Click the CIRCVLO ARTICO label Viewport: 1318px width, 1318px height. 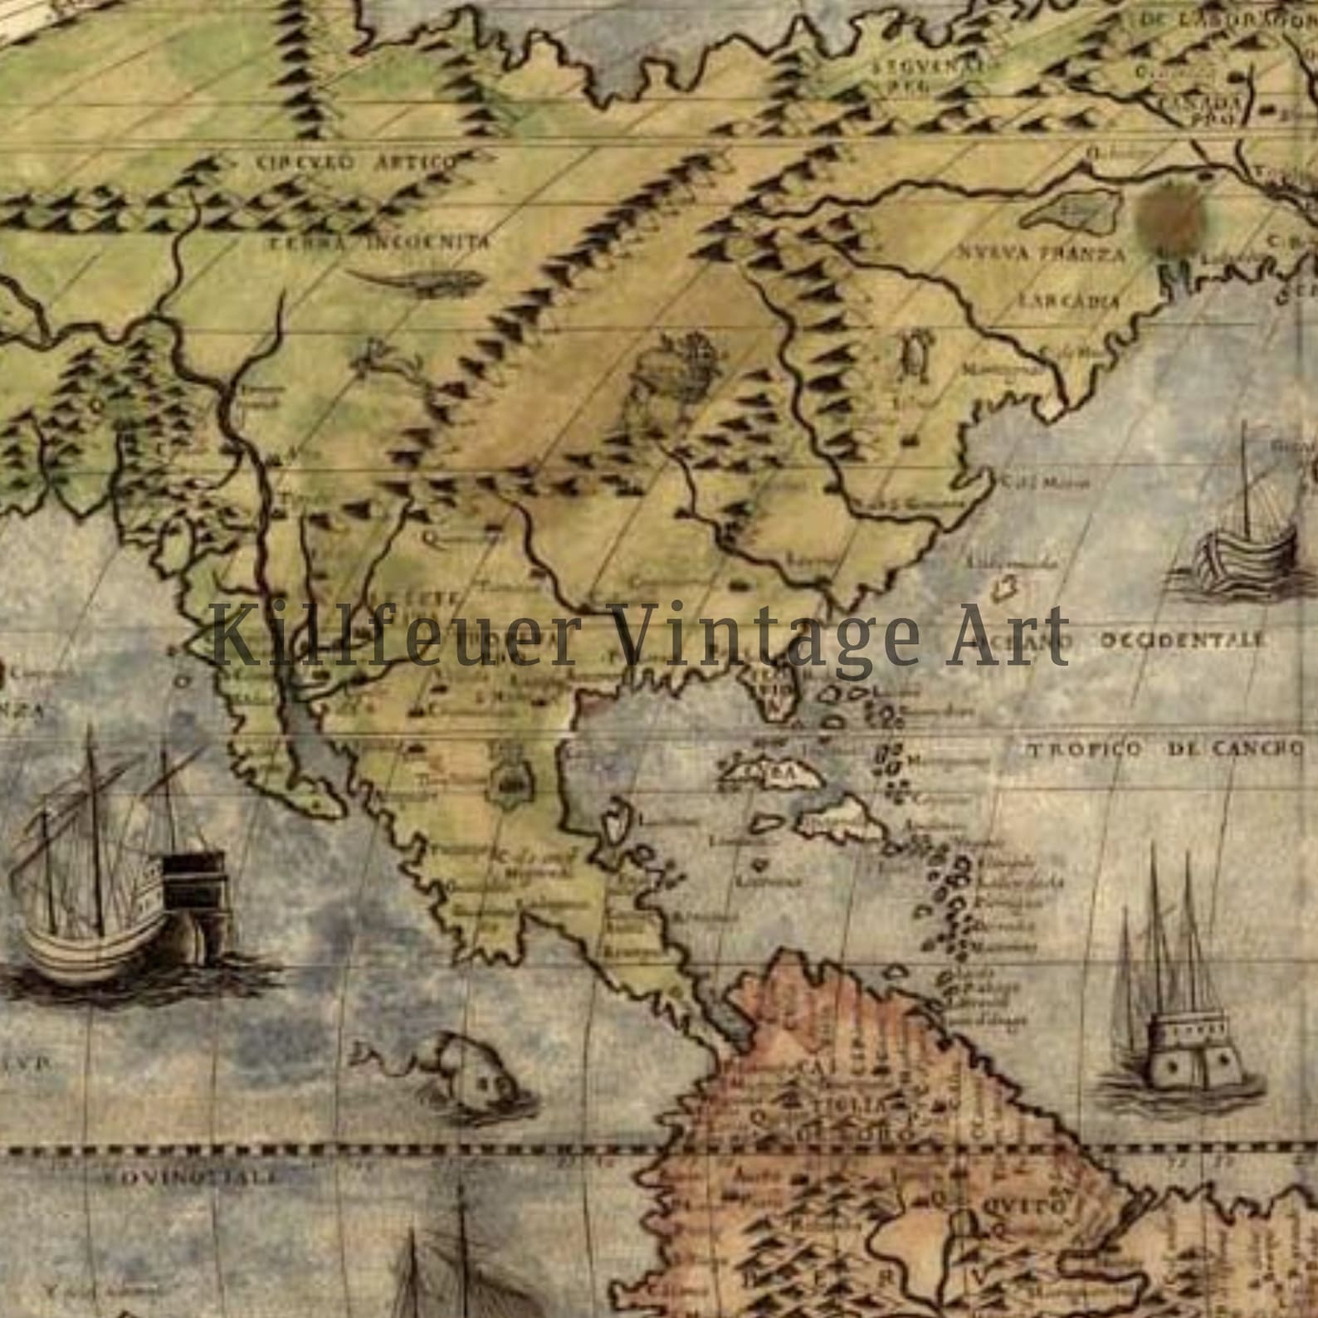coord(356,162)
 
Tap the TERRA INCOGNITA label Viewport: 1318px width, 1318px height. coord(378,242)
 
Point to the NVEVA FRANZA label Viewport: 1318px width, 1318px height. coord(1042,252)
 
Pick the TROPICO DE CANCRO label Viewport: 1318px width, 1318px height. coord(1166,749)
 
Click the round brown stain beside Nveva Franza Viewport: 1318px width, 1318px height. coord(1171,217)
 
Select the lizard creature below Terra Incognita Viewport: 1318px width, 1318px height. coord(415,282)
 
